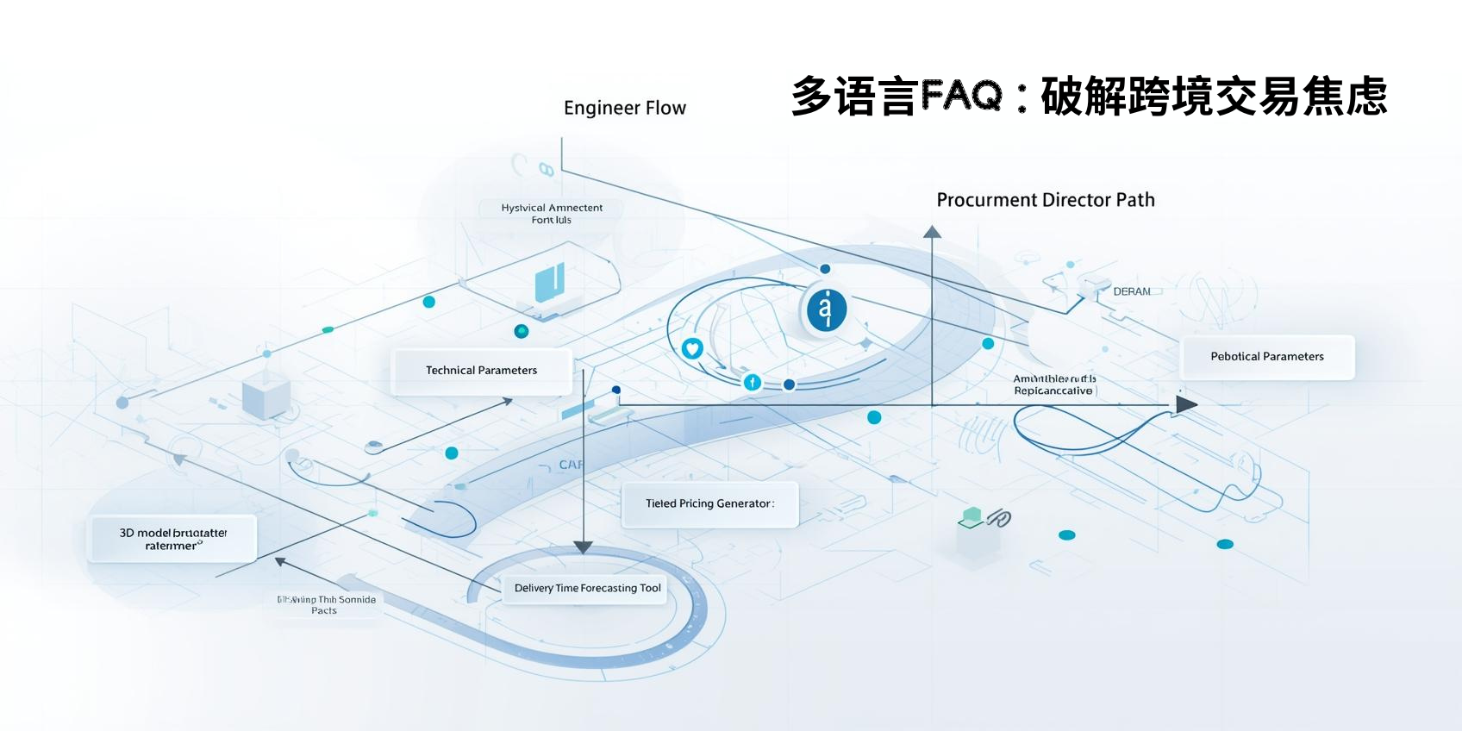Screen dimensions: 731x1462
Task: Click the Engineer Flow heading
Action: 625,108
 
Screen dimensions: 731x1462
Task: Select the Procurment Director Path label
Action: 1046,200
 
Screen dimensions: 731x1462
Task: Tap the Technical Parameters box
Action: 481,371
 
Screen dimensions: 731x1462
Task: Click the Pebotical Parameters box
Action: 1266,357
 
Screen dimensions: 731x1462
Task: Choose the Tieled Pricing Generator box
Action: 709,503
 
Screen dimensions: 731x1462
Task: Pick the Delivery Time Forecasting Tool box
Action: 587,588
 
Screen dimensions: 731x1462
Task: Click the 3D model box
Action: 172,539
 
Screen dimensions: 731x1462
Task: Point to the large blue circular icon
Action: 826,309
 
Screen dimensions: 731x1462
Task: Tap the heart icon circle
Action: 692,348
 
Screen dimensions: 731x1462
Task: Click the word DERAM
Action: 1131,291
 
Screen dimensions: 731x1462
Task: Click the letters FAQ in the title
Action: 961,95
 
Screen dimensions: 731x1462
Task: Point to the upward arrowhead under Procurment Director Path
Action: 932,231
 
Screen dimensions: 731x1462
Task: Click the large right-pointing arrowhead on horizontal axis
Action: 1187,404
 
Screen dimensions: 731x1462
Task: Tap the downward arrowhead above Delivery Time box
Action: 584,547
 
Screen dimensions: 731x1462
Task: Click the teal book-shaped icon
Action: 549,283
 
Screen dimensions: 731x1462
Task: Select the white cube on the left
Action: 266,396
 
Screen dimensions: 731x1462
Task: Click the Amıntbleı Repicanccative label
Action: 1054,384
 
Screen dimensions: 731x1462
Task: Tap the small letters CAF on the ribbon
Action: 571,465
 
